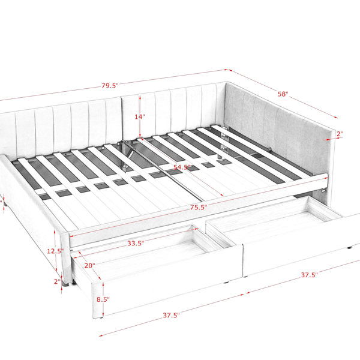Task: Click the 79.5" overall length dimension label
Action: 110,86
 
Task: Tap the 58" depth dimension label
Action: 283,94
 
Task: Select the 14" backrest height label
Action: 140,116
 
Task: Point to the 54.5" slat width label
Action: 182,167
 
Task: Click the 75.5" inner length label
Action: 199,208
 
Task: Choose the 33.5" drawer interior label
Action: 136,243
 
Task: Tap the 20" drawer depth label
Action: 89,266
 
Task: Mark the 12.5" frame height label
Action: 55,251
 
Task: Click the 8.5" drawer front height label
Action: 103,299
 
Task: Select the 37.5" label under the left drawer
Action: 171,315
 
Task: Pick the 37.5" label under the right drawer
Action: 310,275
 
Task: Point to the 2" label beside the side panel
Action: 340,134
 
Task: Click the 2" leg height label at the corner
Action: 57,281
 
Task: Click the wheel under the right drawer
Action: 350,248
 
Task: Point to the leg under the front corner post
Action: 66,284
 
